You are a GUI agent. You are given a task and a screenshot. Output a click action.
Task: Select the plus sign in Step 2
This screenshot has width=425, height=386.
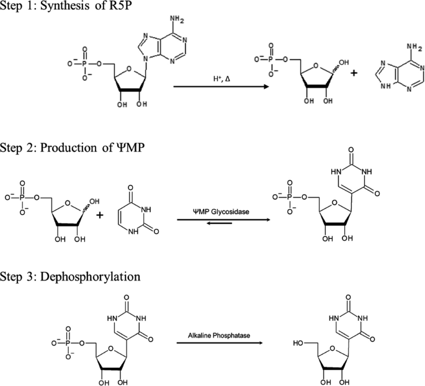coord(99,215)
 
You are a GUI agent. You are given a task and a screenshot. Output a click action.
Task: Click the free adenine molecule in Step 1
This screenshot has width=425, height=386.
coord(398,71)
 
